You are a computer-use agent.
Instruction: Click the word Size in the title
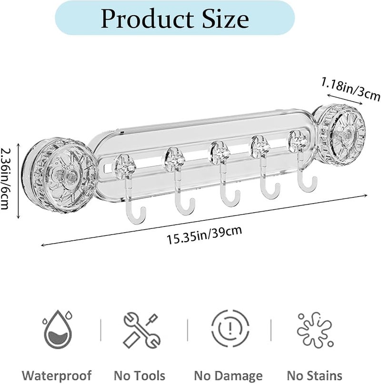(226, 19)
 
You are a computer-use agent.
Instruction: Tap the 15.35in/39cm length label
(204, 235)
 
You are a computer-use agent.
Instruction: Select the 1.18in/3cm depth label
(351, 89)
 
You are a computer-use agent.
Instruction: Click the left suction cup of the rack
(61, 176)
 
